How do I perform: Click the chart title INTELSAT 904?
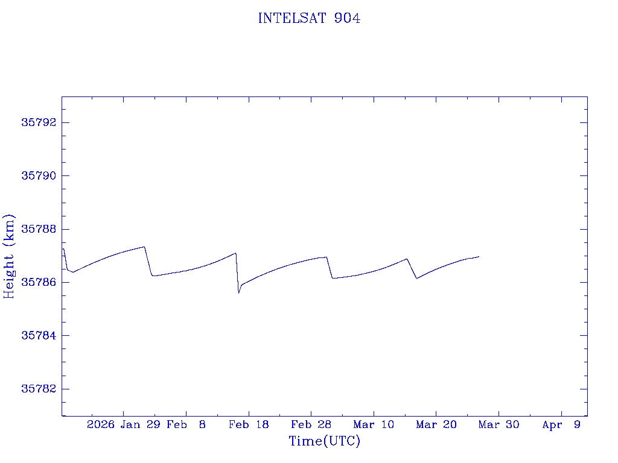coord(309,19)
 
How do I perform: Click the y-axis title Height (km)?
coord(10,256)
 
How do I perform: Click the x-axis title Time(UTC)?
coord(325,441)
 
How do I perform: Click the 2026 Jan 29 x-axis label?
coord(123,425)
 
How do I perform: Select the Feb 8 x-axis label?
coord(186,425)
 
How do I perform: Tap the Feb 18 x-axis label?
coord(249,425)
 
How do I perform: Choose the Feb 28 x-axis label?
coord(311,425)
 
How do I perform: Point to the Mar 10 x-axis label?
coord(374,425)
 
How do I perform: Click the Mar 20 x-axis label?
coord(436,425)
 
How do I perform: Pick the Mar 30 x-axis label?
coord(499,425)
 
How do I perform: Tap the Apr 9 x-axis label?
coord(561,425)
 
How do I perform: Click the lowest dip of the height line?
coord(239,293)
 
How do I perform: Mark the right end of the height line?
coord(479,257)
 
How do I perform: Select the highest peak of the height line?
coord(144,247)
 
